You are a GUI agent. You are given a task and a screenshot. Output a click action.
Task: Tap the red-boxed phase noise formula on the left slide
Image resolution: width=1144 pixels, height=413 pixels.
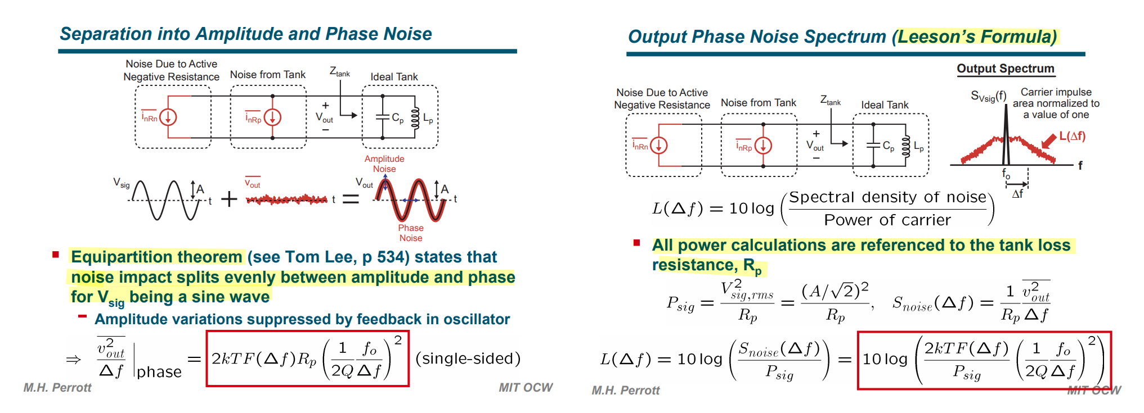pyautogui.click(x=307, y=358)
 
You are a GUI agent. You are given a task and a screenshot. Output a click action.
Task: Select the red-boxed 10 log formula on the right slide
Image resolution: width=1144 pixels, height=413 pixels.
pyautogui.click(x=984, y=360)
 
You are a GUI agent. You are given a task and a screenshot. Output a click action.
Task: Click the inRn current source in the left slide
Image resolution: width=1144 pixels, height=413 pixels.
pyautogui.click(x=168, y=117)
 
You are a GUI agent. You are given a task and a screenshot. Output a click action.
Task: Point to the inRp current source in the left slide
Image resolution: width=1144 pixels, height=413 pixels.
pyautogui.click(x=272, y=117)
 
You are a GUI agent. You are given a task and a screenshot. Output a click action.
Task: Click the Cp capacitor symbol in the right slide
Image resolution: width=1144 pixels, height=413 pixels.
pyautogui.click(x=873, y=146)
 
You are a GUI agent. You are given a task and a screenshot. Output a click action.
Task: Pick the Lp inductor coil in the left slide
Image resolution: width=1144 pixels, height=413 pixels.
pyautogui.click(x=415, y=118)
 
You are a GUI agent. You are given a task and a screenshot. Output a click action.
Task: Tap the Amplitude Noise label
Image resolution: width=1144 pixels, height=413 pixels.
pyautogui.click(x=384, y=164)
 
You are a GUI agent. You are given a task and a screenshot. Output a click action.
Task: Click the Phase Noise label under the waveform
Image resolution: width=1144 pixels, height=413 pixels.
pyautogui.click(x=411, y=233)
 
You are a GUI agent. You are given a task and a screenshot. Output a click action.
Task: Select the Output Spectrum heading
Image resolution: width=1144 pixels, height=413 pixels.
pyautogui.click(x=1006, y=69)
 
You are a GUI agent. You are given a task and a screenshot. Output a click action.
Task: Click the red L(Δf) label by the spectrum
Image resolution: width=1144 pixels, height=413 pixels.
pyautogui.click(x=1073, y=136)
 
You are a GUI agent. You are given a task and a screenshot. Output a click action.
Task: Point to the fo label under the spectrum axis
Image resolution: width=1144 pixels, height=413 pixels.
pyautogui.click(x=1006, y=174)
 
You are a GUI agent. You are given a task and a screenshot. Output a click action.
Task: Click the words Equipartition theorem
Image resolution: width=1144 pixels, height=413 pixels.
pyautogui.click(x=156, y=257)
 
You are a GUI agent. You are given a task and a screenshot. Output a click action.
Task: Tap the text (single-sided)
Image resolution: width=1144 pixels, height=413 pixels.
pyautogui.click(x=468, y=358)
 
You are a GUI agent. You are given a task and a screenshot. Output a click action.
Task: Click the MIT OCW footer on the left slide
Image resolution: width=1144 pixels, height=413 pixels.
pyautogui.click(x=526, y=387)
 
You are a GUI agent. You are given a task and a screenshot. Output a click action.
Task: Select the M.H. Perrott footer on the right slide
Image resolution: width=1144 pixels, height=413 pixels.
pyautogui.click(x=626, y=390)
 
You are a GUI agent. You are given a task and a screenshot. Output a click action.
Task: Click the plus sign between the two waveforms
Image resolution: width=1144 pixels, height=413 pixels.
pyautogui.click(x=229, y=199)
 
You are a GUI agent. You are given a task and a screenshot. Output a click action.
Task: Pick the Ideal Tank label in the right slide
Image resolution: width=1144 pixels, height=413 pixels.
pyautogui.click(x=885, y=105)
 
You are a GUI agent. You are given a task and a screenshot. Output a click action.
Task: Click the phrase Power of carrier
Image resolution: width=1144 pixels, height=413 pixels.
pyautogui.click(x=887, y=220)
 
